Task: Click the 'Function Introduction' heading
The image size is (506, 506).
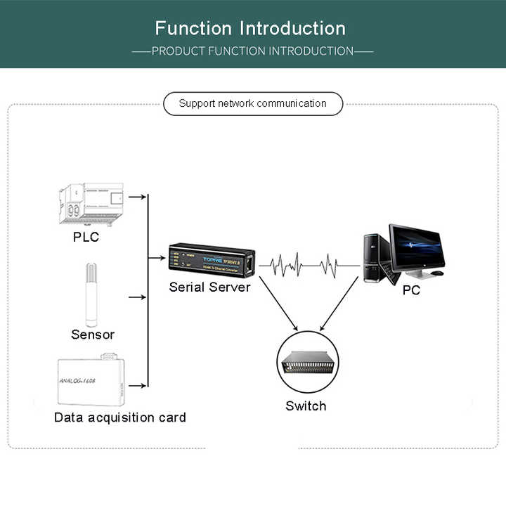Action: tap(250, 29)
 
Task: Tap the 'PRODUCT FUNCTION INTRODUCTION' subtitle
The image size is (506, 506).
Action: tap(252, 51)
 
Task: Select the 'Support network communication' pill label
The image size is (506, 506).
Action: tap(253, 104)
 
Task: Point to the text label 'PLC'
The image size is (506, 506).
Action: tap(86, 237)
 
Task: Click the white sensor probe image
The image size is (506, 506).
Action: tap(91, 295)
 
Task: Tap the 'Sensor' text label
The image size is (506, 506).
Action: tap(92, 335)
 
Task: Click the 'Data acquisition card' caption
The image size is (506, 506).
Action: tap(120, 417)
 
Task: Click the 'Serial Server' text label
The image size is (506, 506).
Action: tap(209, 287)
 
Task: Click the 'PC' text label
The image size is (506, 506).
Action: tap(411, 290)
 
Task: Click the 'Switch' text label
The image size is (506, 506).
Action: tap(306, 406)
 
